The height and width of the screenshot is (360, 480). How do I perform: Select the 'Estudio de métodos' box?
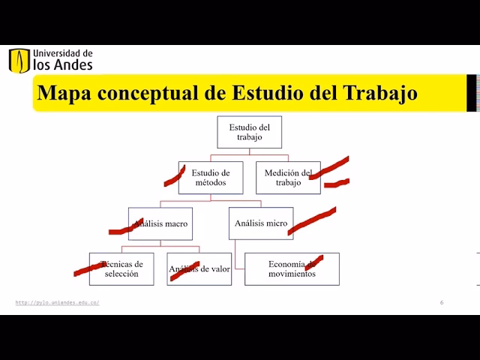(210, 178)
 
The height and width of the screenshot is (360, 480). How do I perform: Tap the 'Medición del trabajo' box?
(287, 178)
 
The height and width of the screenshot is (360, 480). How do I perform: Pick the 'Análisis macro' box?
(160, 223)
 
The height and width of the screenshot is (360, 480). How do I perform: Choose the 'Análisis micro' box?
(261, 223)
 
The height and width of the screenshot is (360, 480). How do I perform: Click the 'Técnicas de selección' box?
(121, 268)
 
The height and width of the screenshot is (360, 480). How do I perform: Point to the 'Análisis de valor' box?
(199, 268)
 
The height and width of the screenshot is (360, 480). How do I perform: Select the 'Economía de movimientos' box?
(292, 268)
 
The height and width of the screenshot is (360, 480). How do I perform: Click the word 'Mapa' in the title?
(63, 94)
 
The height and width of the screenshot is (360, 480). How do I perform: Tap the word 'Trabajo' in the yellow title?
(379, 94)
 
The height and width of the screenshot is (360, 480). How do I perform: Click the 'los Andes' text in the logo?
(63, 65)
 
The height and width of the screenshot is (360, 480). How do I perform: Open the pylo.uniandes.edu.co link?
(57, 302)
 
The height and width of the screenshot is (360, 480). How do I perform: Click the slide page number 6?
(442, 302)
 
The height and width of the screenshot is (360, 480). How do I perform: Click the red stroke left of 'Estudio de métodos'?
(175, 177)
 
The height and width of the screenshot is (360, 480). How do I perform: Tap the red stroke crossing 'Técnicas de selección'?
(96, 265)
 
